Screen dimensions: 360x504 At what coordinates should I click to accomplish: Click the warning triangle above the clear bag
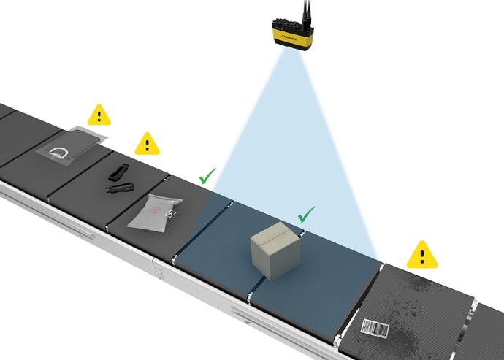(x=99, y=115)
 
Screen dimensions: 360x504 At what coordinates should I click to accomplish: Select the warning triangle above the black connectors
(x=147, y=143)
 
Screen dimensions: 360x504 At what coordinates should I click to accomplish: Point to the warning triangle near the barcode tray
(x=421, y=255)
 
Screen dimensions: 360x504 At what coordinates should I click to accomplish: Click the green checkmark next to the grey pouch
(x=207, y=176)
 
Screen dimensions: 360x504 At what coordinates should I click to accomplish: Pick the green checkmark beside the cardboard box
(x=306, y=214)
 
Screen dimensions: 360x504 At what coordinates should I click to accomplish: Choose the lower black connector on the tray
(x=120, y=188)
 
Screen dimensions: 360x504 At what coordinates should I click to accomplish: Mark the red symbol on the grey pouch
(x=155, y=210)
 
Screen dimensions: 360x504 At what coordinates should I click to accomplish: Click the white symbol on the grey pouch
(x=170, y=213)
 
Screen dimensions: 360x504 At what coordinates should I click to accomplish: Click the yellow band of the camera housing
(x=291, y=34)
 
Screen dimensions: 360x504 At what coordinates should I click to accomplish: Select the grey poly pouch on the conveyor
(x=156, y=210)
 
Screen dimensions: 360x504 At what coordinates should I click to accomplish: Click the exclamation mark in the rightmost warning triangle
(x=421, y=256)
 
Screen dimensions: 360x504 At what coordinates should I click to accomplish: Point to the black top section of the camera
(x=290, y=21)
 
